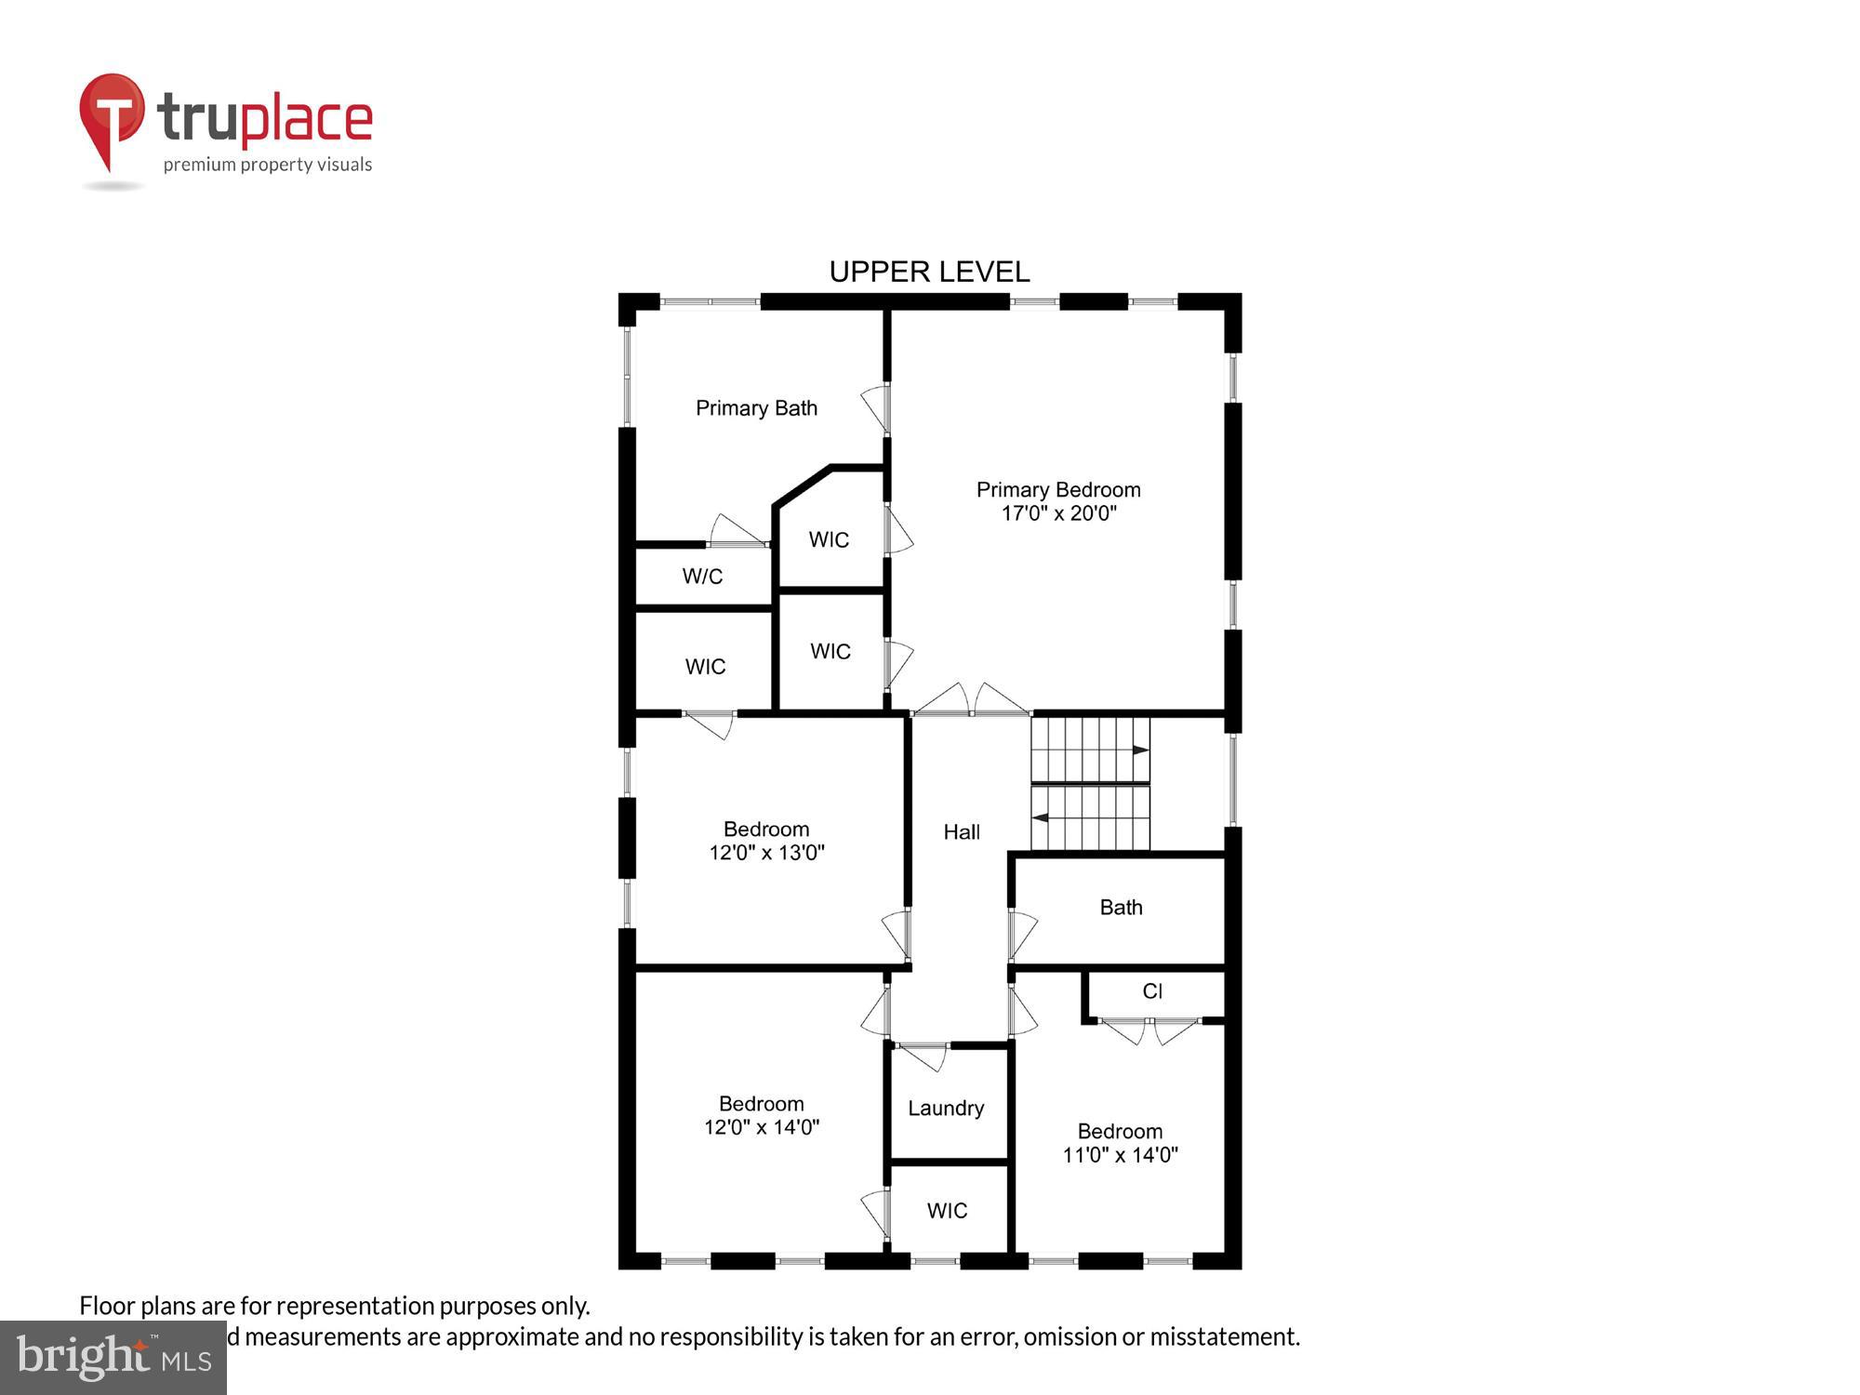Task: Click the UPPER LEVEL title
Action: [929, 272]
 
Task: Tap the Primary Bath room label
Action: [756, 408]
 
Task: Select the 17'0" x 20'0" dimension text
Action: [1058, 513]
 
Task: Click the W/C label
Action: [702, 577]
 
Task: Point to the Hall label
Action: [962, 832]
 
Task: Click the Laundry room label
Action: [946, 1109]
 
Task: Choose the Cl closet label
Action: [1152, 991]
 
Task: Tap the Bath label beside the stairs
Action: [1121, 908]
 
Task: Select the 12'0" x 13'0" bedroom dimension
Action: [766, 853]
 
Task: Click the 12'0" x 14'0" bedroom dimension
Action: [761, 1127]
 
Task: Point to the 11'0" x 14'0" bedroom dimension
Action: [1120, 1155]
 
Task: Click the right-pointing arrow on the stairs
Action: [1140, 751]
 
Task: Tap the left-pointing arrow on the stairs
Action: [1042, 818]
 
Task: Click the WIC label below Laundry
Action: [947, 1211]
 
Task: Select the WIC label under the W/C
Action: [705, 667]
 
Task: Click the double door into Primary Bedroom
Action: [972, 702]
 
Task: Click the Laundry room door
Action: [923, 1055]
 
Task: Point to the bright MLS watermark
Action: [113, 1358]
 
